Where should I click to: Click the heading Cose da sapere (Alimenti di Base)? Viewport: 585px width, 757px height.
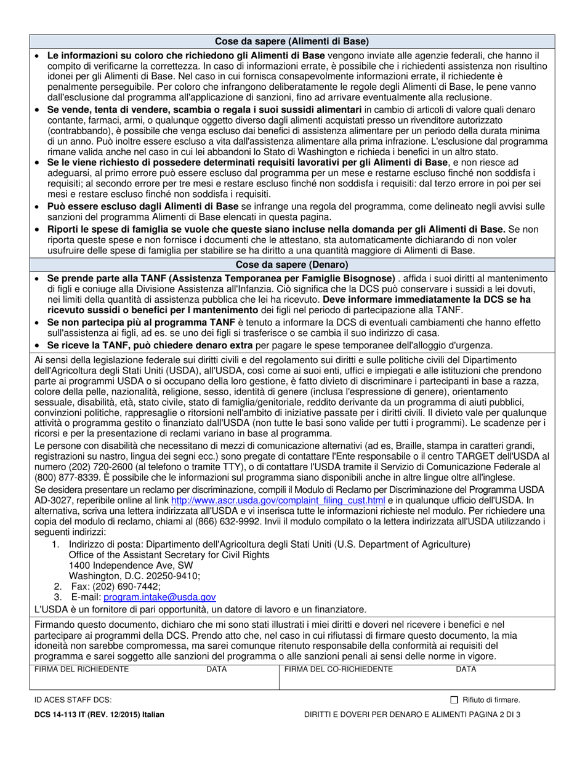[x=292, y=42]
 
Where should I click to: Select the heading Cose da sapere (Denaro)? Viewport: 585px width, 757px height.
[x=292, y=265]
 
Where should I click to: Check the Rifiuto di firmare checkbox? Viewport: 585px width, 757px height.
[x=454, y=700]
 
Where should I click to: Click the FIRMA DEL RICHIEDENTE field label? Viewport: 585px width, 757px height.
[x=81, y=669]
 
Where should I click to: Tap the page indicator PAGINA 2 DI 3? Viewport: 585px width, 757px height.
[x=488, y=715]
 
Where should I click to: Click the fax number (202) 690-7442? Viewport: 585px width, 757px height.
[x=116, y=586]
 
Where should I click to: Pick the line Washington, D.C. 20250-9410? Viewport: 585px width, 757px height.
[x=134, y=575]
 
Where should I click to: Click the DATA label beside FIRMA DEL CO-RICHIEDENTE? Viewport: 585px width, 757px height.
[x=466, y=669]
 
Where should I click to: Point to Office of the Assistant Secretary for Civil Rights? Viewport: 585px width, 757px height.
[x=169, y=555]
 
